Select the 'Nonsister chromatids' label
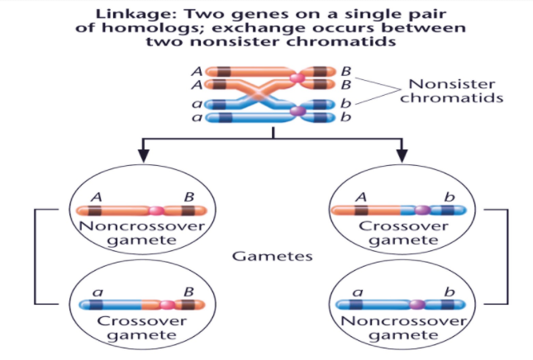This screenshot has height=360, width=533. [454, 91]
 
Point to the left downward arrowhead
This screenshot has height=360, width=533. [143, 154]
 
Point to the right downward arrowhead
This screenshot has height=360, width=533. [403, 154]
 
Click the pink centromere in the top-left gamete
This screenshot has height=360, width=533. [158, 211]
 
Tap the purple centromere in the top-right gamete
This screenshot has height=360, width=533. [422, 211]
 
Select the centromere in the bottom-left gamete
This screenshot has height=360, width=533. [168, 305]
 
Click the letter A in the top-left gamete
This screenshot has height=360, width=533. [96, 197]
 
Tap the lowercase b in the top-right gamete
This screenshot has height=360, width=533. [450, 197]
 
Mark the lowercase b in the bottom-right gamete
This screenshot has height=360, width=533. [450, 291]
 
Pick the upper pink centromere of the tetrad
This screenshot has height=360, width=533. [296, 78]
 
